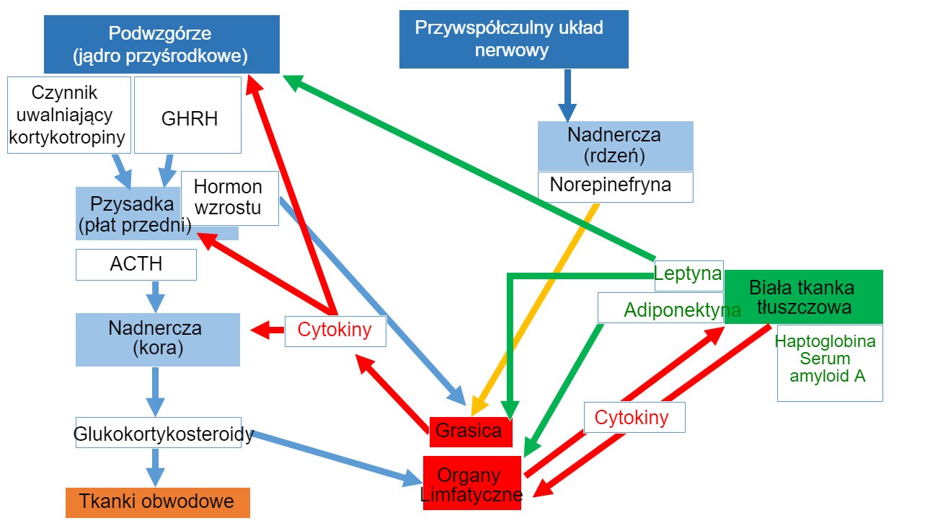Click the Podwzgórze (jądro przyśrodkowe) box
(161, 44)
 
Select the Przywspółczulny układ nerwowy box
(513, 40)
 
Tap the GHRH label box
(187, 115)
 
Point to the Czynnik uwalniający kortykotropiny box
(68, 115)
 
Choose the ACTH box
(136, 265)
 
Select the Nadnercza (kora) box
(157, 339)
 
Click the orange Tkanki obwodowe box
(157, 502)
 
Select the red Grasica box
(470, 431)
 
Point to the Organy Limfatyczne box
(471, 483)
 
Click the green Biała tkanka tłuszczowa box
(802, 297)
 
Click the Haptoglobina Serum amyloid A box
(829, 364)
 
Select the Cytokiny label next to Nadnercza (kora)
(335, 331)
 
